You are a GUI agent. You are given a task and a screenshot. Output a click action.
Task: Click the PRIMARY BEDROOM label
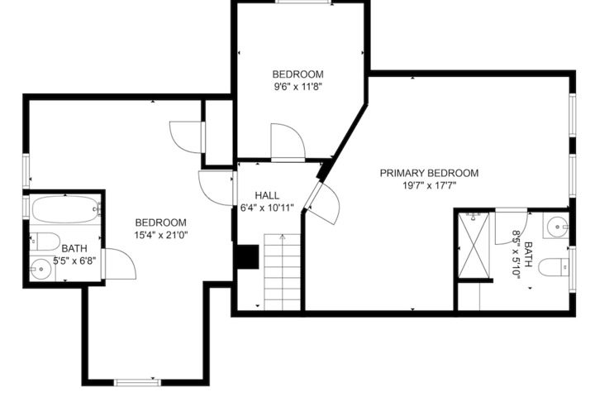[x=429, y=173]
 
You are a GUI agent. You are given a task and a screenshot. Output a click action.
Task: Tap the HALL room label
[x=267, y=196]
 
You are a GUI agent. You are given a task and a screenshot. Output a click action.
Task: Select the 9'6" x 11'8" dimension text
[x=297, y=87]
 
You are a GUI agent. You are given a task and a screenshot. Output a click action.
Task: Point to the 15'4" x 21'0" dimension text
[x=161, y=235]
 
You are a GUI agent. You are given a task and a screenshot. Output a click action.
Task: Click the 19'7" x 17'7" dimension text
[x=429, y=186]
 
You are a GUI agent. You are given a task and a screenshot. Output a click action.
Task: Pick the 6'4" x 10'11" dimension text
[x=267, y=208]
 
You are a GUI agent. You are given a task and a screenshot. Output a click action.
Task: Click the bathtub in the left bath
[x=65, y=209]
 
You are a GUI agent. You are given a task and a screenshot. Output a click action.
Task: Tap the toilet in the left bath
[x=45, y=242]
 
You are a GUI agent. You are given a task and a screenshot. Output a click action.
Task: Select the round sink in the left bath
[x=41, y=269]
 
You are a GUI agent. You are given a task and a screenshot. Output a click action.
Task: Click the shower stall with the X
[x=474, y=246]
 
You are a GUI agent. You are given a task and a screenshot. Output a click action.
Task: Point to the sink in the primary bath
[x=556, y=227]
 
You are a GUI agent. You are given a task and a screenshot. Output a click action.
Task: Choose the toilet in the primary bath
[x=554, y=267]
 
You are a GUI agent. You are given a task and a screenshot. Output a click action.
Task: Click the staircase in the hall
[x=283, y=272]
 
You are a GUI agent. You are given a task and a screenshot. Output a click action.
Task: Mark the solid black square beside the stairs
[x=248, y=257]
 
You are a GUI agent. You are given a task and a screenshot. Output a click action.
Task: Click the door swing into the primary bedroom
[x=321, y=203]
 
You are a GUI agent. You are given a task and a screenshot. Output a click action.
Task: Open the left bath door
[x=119, y=264]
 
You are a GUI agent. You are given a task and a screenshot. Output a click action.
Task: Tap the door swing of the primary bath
[x=512, y=227]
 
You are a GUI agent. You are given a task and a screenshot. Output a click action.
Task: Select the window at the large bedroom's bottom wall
[x=137, y=382]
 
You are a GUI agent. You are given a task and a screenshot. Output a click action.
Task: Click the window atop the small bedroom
[x=303, y=2]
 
